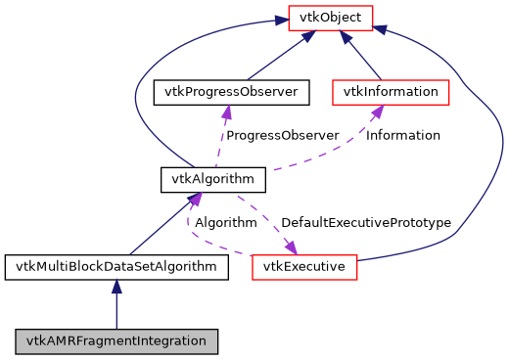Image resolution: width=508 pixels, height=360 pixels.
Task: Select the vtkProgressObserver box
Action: pyautogui.click(x=231, y=92)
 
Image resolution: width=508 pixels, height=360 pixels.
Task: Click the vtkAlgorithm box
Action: pyautogui.click(x=213, y=179)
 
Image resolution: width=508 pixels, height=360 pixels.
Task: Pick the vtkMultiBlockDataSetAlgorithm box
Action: pyautogui.click(x=116, y=266)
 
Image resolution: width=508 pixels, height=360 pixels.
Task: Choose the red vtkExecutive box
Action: pyautogui.click(x=304, y=266)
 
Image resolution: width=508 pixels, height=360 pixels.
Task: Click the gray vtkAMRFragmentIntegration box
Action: pyautogui.click(x=116, y=341)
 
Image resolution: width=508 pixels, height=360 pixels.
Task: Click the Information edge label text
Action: pyautogui.click(x=402, y=135)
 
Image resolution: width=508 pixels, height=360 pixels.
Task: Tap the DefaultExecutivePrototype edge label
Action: pyautogui.click(x=365, y=222)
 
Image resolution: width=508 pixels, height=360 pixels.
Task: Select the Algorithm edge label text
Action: pyautogui.click(x=225, y=222)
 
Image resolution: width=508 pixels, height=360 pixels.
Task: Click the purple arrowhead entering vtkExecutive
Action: pyautogui.click(x=290, y=247)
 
